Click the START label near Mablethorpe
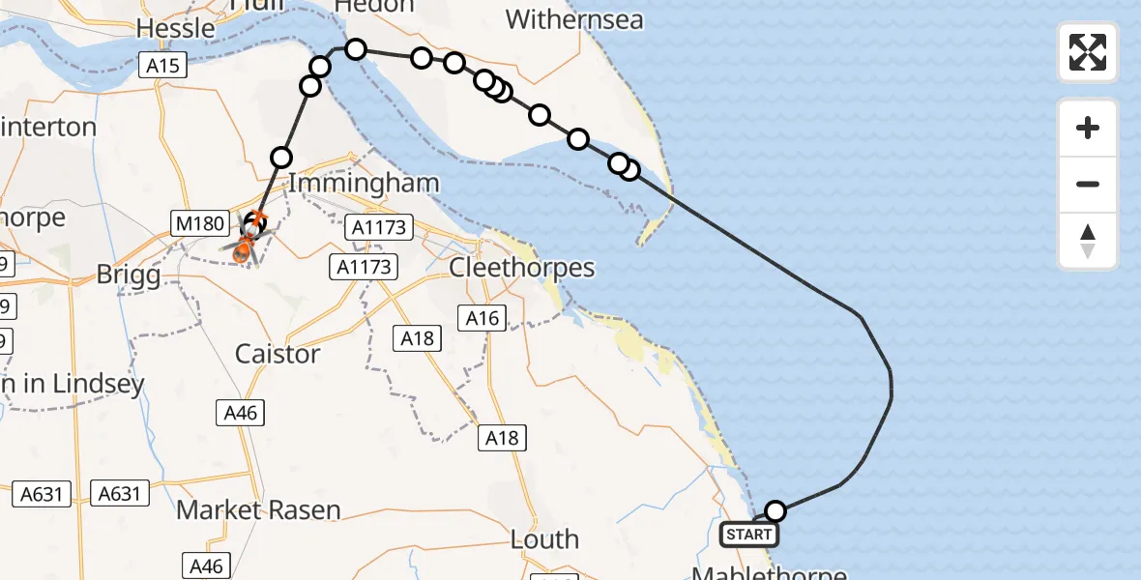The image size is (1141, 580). pos(749,535)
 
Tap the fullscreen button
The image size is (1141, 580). pos(1088,52)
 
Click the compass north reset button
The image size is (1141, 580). pos(1088,241)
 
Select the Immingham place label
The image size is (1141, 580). pos(364,183)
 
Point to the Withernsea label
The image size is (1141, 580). pos(574,19)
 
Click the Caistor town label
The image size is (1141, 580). pos(278,354)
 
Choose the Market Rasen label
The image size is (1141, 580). pos(258,509)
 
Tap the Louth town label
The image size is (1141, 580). pos(544,539)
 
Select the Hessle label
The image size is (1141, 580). pos(176,28)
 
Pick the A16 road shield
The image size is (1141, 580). pos(483,318)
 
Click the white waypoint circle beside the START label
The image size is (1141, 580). pos(775,510)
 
